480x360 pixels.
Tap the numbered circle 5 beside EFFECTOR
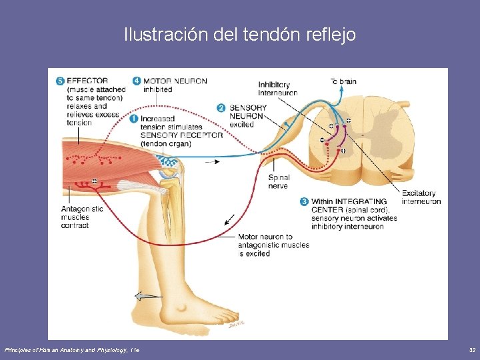tap(61, 81)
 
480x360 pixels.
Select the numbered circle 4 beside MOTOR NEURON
tap(136, 81)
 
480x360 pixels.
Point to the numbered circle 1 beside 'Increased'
tap(133, 119)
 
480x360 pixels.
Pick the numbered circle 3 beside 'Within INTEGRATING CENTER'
tap(304, 201)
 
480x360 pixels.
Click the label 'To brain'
tap(343, 81)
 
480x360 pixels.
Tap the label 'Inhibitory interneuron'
tap(277, 89)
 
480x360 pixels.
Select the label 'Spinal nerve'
tap(279, 181)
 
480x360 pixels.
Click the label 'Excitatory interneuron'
tap(421, 197)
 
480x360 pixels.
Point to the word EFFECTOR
tap(87, 81)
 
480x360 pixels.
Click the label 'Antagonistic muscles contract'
tap(81, 217)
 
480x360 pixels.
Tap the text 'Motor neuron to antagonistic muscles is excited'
tap(273, 245)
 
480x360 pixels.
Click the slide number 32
tap(471, 350)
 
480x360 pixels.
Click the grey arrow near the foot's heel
tap(147, 296)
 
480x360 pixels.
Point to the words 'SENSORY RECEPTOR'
tap(181, 135)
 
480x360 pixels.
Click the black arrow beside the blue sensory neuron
tap(213, 161)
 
